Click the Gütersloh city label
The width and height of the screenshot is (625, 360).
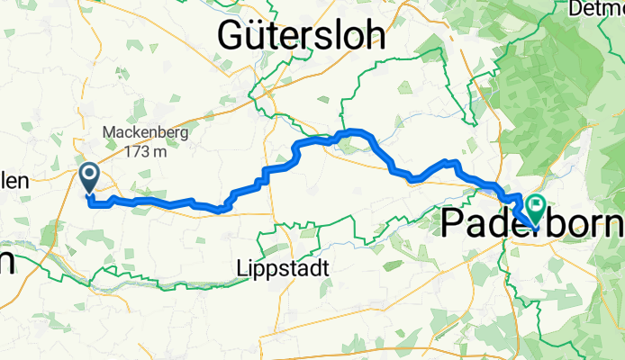coord(303,37)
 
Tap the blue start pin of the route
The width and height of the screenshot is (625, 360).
coord(90,175)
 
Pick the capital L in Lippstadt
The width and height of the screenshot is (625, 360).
coord(238,268)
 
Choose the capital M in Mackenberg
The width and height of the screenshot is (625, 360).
coord(108,133)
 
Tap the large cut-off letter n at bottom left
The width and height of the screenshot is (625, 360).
coord(5,262)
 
